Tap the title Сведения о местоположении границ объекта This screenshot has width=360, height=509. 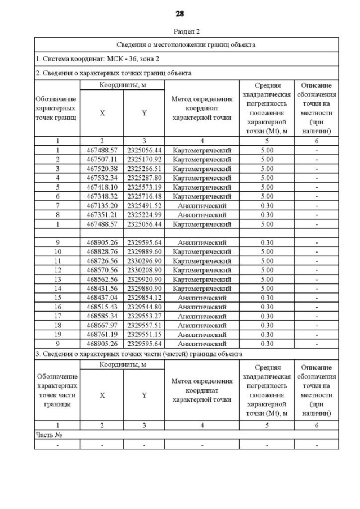[186, 44]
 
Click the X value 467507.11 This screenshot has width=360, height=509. [102, 159]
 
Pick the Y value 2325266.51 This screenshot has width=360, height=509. [144, 168]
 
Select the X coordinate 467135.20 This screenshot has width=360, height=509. [102, 205]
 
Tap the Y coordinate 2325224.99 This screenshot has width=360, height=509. [144, 214]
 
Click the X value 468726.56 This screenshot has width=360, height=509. [102, 261]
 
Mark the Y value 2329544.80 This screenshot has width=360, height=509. [144, 307]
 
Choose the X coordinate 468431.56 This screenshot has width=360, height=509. [102, 289]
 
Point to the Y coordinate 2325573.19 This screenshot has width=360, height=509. [144, 187]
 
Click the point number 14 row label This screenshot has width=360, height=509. [57, 289]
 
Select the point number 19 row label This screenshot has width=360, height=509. [57, 335]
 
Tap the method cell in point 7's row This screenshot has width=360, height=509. [201, 205]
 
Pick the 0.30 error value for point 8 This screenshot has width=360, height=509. [267, 214]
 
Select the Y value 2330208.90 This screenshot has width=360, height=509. [144, 270]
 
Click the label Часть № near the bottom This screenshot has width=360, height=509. [48, 435]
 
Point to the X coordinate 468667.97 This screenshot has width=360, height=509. [102, 325]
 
